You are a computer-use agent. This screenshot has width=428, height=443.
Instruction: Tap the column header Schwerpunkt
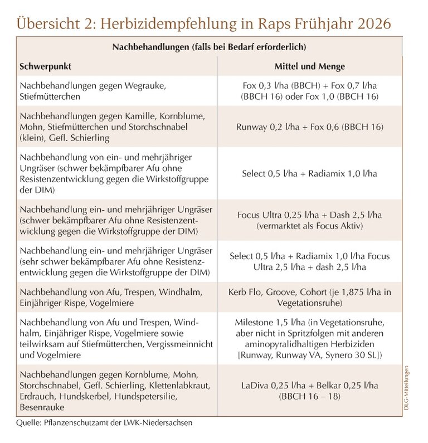[x=45, y=66]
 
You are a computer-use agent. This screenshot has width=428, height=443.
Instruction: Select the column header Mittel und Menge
[x=309, y=66]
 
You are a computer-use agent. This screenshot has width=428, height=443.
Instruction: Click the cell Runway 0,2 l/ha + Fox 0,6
[x=309, y=127]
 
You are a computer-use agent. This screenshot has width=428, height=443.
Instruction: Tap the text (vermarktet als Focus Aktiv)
[x=309, y=227]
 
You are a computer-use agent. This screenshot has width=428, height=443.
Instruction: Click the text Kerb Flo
[x=244, y=293]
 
